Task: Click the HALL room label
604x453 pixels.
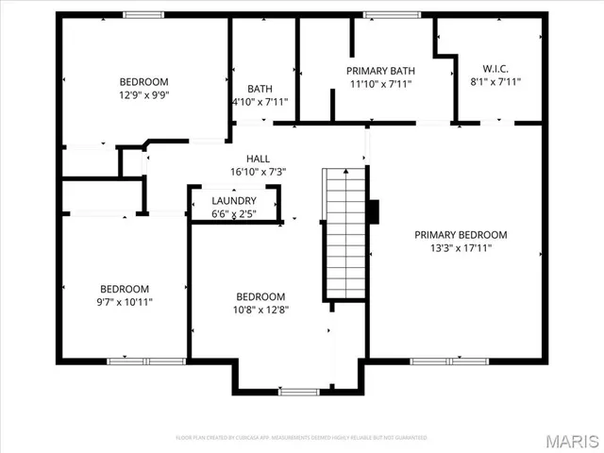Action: tap(258, 159)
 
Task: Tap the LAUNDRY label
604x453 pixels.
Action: tap(234, 201)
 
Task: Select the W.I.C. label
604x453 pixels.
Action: tap(495, 69)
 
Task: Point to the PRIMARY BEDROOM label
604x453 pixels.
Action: tap(461, 235)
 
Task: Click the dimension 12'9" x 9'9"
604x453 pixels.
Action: tap(143, 94)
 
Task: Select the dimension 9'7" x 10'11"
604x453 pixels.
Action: tap(125, 302)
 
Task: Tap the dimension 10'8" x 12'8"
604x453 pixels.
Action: tap(260, 309)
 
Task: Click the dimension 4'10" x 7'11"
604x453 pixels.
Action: tap(260, 102)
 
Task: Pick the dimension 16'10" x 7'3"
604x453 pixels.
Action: tap(258, 172)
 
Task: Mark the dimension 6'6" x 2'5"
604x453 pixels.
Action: tap(234, 214)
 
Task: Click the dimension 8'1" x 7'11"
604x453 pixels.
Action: tap(495, 82)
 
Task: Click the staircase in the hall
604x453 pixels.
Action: tap(344, 231)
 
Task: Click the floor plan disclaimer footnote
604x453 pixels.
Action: tap(302, 438)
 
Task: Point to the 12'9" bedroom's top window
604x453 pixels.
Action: tap(143, 14)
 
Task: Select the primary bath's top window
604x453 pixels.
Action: tap(381, 14)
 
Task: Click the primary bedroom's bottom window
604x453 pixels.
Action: tap(448, 361)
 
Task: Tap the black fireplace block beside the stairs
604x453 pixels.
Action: tap(374, 211)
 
